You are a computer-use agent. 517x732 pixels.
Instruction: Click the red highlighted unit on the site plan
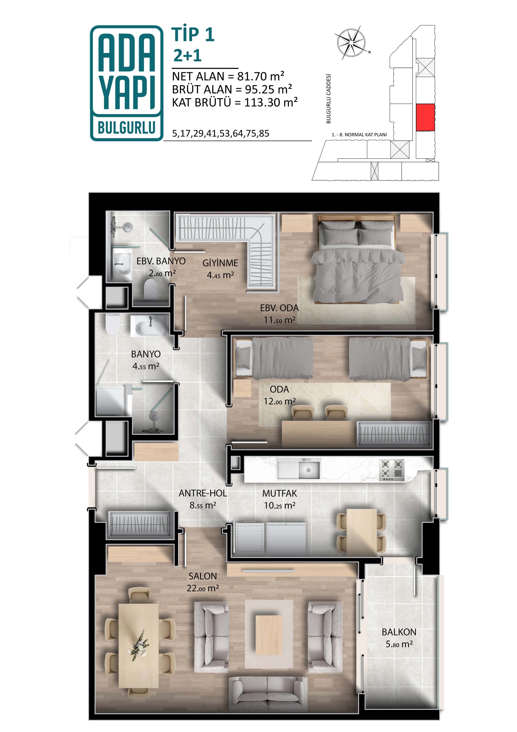[x=426, y=117]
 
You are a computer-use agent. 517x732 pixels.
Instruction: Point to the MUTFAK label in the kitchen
[x=279, y=493]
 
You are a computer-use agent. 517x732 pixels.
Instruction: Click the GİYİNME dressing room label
[x=220, y=263]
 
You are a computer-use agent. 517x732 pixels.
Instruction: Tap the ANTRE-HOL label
[x=203, y=493]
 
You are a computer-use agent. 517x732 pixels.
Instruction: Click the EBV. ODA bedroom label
[x=279, y=308]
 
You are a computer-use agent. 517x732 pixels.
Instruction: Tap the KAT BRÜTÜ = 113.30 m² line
[x=235, y=102]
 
